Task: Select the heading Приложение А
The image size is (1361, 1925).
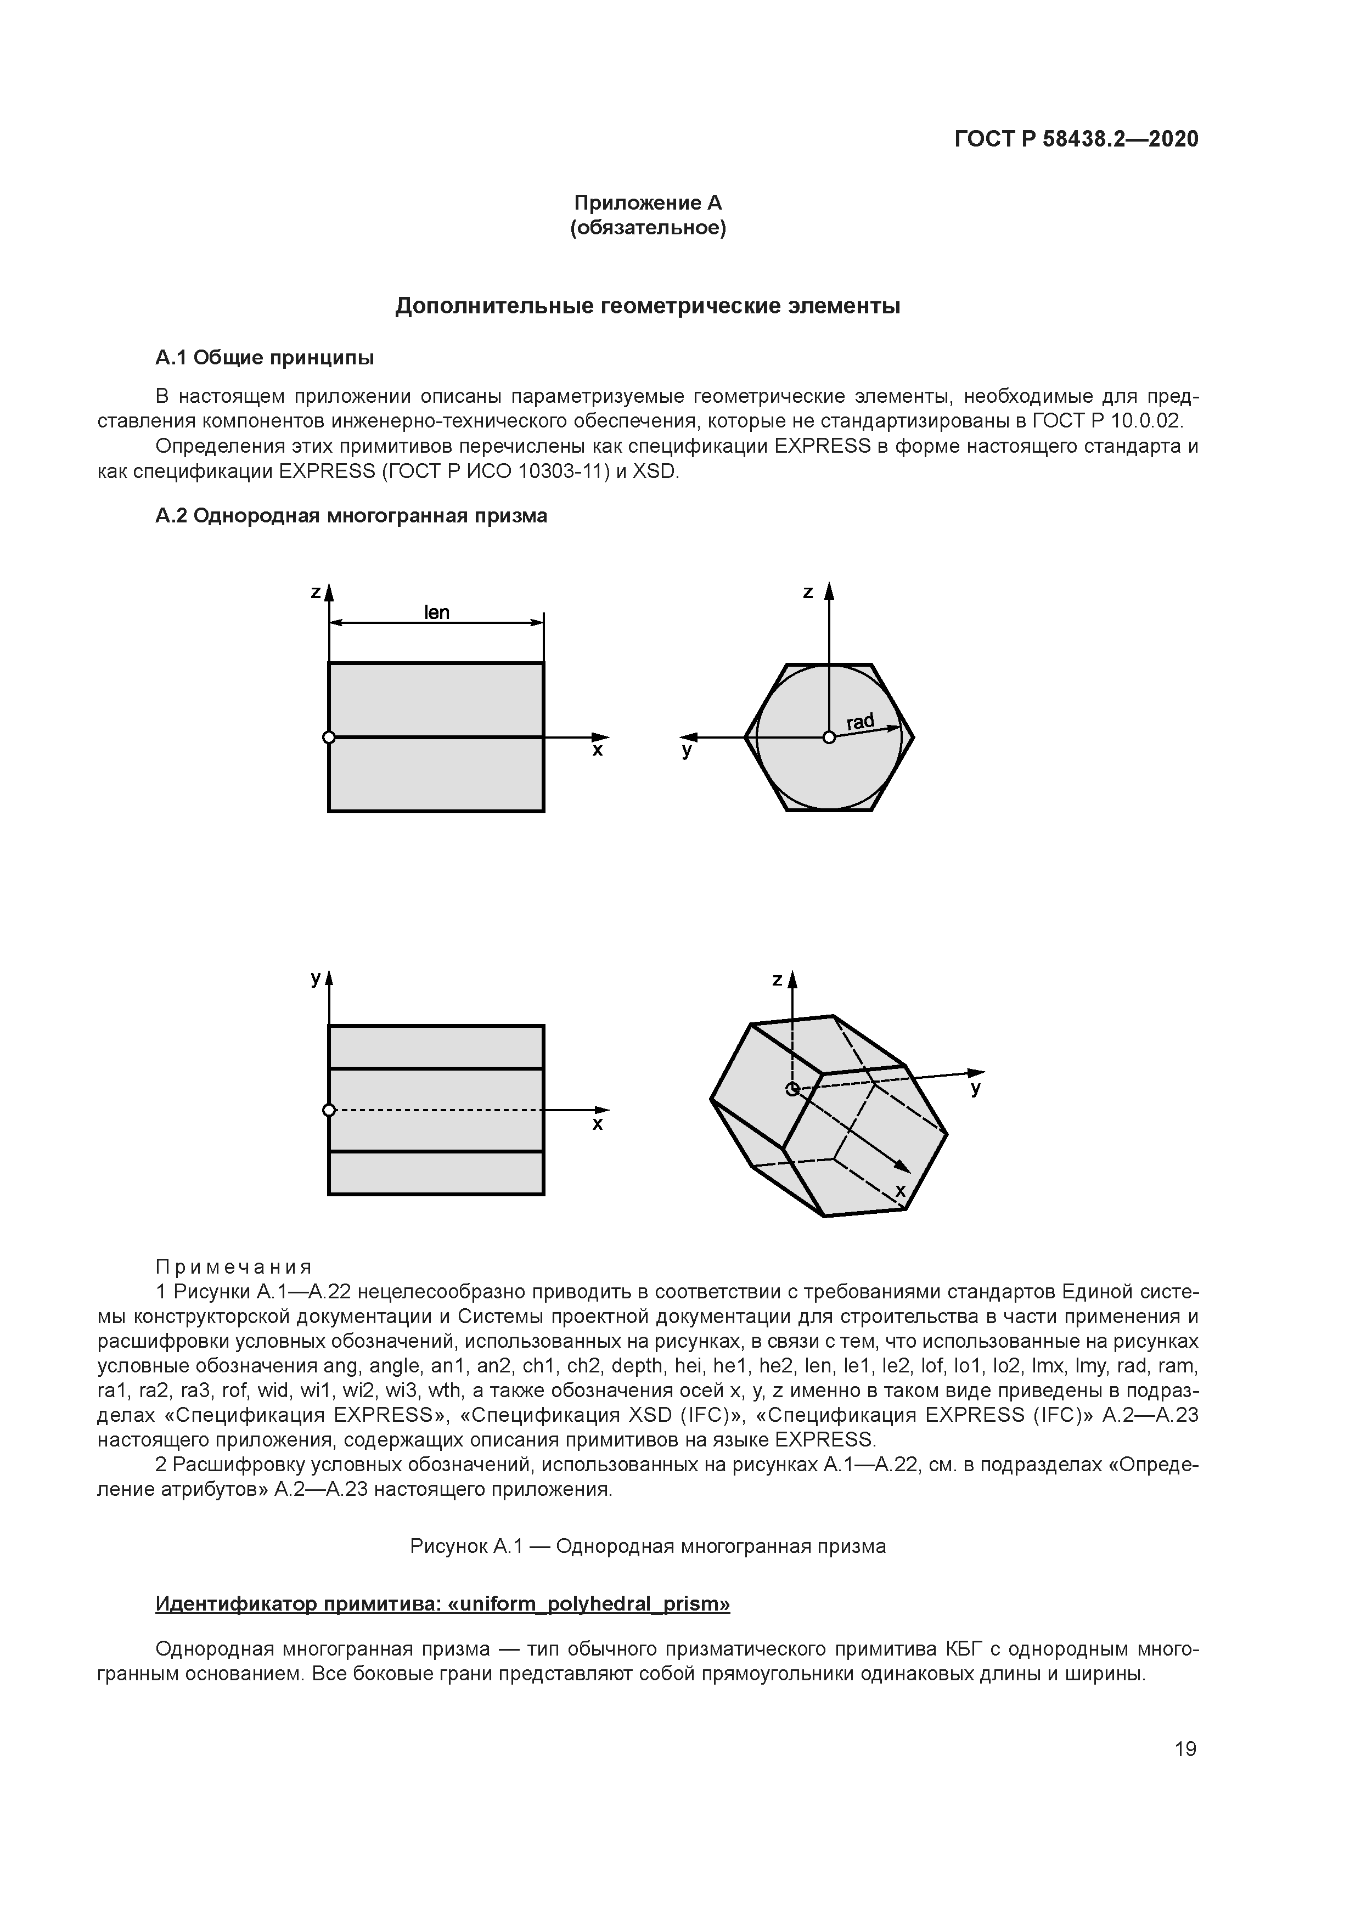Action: pyautogui.click(x=648, y=203)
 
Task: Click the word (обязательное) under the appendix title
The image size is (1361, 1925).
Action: pyautogui.click(x=648, y=228)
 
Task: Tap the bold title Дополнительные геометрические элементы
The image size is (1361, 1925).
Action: pyautogui.click(x=648, y=307)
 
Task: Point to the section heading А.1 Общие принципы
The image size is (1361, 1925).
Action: pyautogui.click(x=265, y=358)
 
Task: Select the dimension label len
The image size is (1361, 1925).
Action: pyautogui.click(x=437, y=613)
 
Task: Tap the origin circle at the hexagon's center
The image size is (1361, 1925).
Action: pyautogui.click(x=829, y=738)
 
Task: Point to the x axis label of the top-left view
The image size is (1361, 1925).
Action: pyautogui.click(x=598, y=751)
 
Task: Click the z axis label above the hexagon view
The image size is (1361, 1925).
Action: pyautogui.click(x=808, y=593)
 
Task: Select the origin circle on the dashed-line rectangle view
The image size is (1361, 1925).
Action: pyautogui.click(x=329, y=1111)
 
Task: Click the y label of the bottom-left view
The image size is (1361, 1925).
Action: pyautogui.click(x=316, y=978)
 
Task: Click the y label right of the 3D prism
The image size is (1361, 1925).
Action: pyautogui.click(x=975, y=1090)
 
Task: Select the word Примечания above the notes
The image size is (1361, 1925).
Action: pyautogui.click(x=234, y=1267)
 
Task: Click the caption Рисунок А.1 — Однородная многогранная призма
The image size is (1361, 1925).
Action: pyautogui.click(x=648, y=1546)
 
